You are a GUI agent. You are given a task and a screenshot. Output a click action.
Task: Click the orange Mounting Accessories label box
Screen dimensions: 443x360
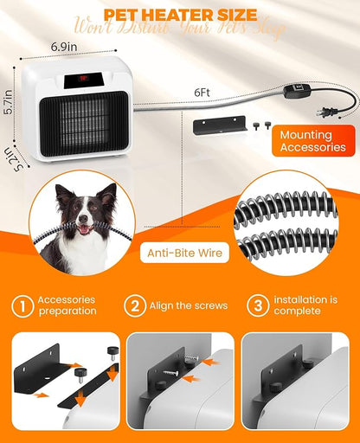(312, 139)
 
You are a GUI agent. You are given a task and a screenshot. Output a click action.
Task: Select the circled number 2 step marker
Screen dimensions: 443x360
(134, 306)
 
